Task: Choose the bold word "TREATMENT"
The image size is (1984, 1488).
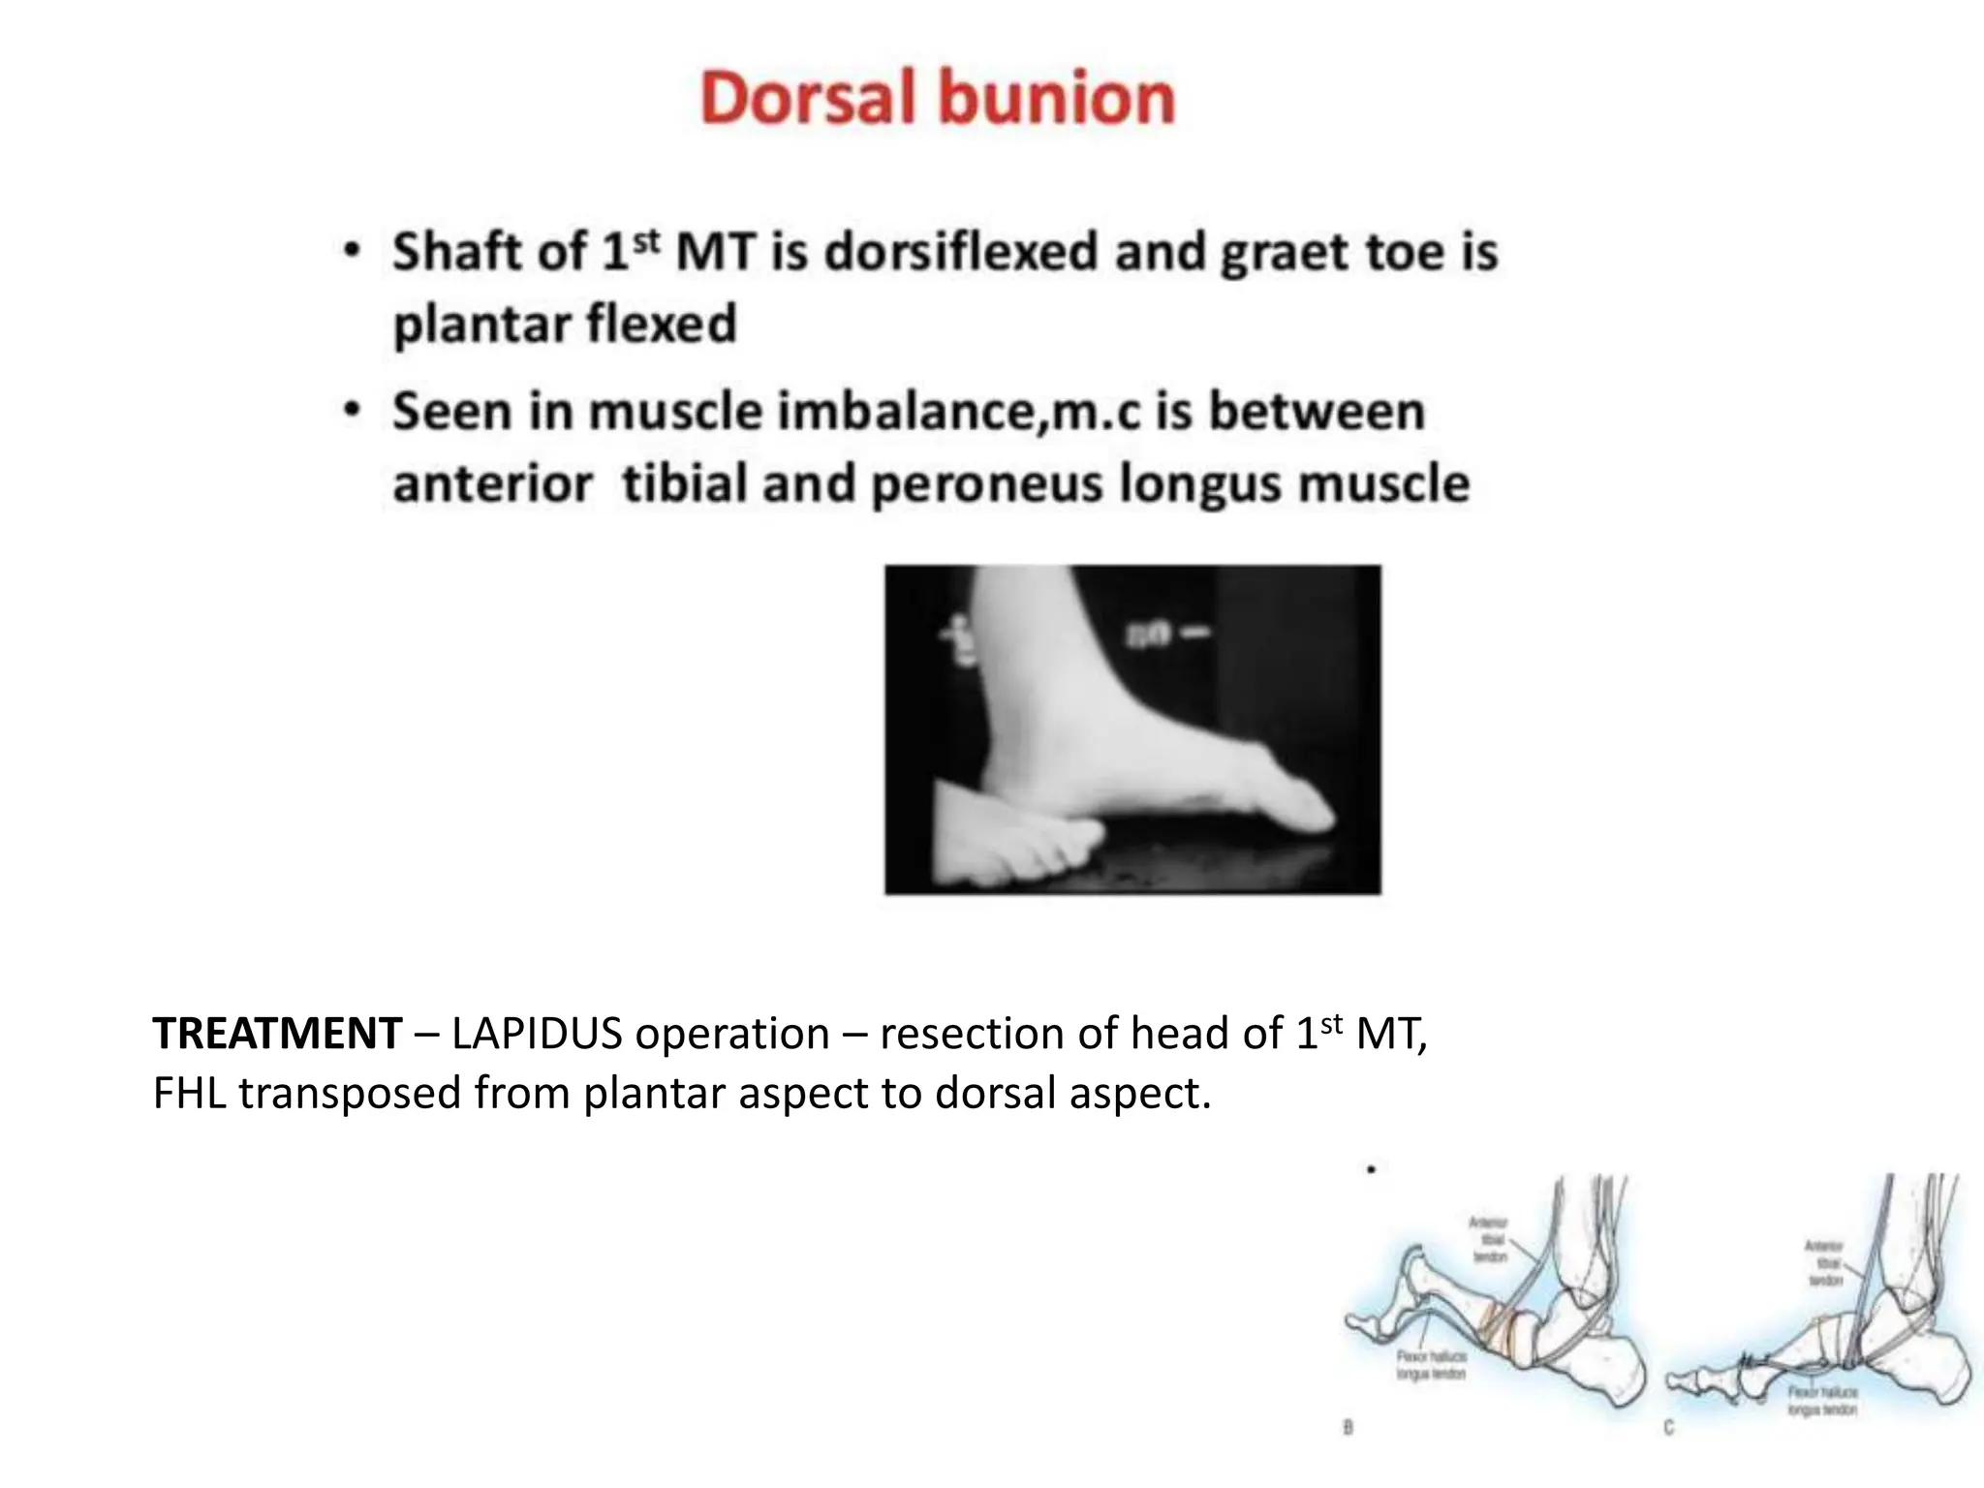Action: tap(277, 1035)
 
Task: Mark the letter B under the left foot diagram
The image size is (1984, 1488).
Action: tap(1348, 1427)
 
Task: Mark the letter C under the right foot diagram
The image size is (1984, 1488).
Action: tap(1668, 1427)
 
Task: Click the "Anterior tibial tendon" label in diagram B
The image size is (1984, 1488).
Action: tap(1489, 1240)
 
